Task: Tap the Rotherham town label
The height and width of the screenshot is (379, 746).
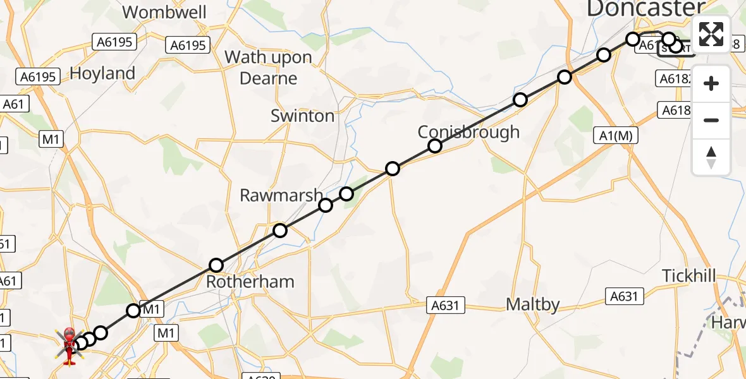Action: pos(250,282)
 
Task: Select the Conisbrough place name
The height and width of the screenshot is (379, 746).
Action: pos(468,132)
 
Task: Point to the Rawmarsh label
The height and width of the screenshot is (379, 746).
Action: pos(281,196)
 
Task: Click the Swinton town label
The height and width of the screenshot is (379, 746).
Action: pos(302,116)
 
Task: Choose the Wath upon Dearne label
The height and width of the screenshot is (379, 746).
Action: pos(269,68)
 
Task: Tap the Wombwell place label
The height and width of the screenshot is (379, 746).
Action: pos(164,12)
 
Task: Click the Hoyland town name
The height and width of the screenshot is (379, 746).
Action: pos(102,74)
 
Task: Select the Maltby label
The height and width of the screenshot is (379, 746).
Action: pos(533,305)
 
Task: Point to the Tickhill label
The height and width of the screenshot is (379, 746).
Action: pos(689,276)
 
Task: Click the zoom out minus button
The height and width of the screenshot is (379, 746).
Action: pos(711,121)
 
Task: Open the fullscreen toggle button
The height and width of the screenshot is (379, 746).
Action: pos(711,34)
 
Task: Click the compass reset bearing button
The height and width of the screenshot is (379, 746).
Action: pos(711,157)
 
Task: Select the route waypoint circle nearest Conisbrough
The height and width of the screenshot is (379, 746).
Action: pos(435,146)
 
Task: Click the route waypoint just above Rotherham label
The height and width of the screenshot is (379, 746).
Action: pos(216,265)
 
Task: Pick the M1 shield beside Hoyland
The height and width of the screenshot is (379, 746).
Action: pos(50,140)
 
